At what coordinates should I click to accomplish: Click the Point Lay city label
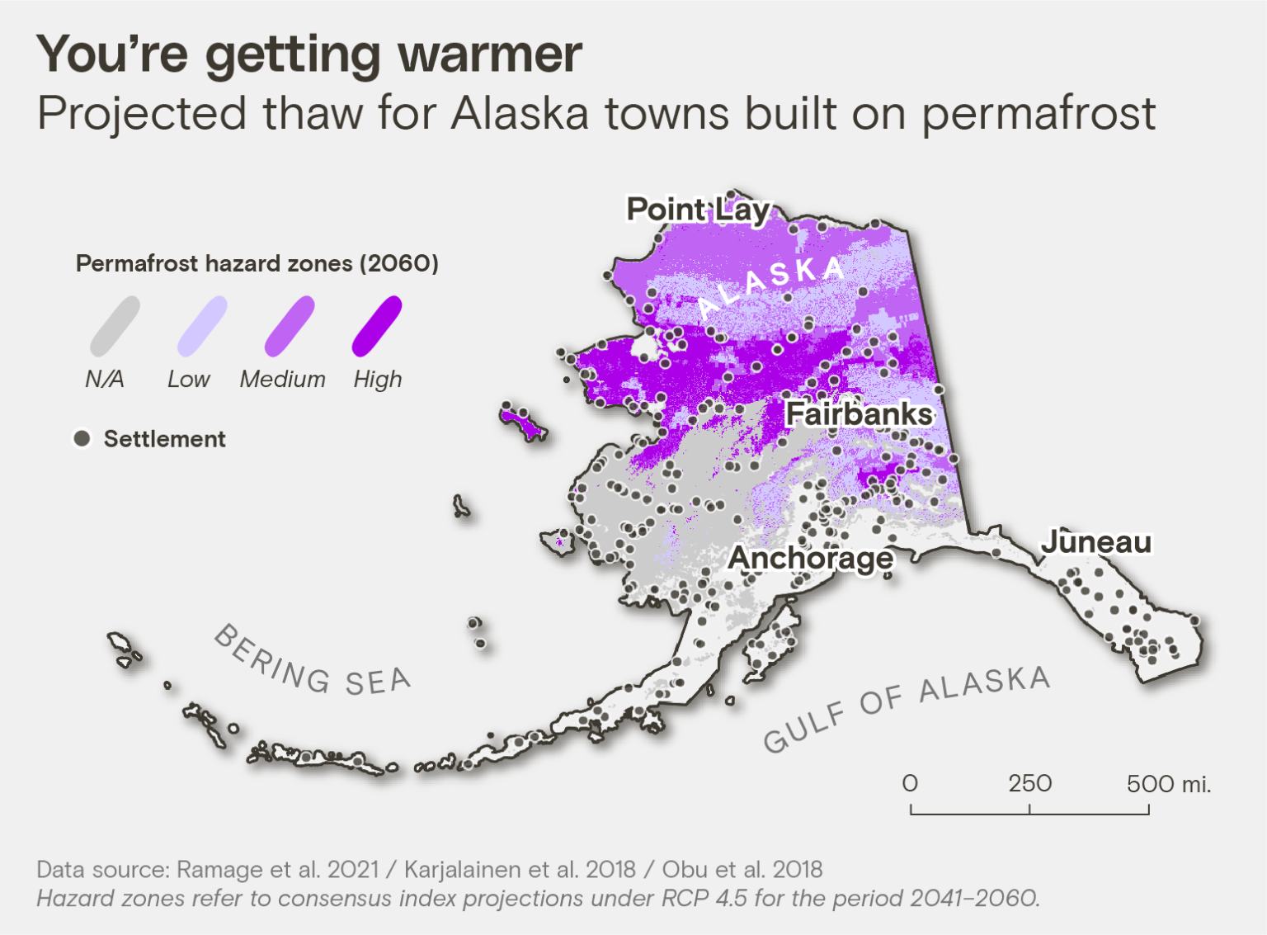point(698,210)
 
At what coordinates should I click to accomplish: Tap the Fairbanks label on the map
point(858,413)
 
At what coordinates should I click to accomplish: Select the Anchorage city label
point(810,559)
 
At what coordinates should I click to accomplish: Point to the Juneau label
point(1095,542)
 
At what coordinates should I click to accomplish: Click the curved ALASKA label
point(771,284)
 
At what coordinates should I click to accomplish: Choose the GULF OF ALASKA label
point(906,708)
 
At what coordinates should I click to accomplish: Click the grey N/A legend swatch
point(115,327)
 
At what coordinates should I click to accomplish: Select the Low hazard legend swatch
point(202,327)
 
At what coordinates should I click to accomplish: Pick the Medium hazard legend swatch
point(290,327)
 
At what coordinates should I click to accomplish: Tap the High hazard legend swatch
point(377,327)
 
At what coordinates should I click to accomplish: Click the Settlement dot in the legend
point(82,438)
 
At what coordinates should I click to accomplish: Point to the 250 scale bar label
point(1029,783)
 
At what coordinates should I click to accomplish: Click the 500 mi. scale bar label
point(1168,783)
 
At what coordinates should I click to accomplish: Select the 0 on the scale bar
point(910,783)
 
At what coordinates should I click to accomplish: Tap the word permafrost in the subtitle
point(1038,114)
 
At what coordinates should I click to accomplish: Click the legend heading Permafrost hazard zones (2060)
point(257,263)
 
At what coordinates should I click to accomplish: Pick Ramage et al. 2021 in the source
point(277,869)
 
